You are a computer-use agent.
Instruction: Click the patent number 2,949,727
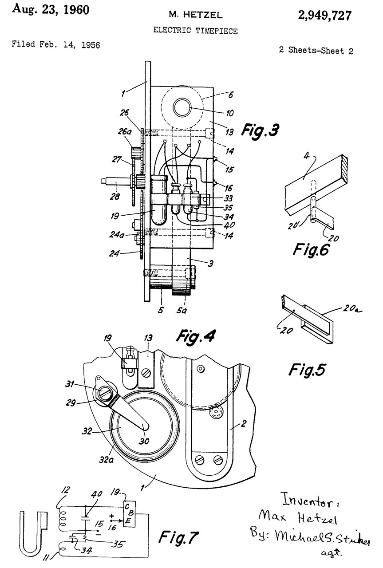pos(325,16)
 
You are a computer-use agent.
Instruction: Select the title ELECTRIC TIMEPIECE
pos(195,31)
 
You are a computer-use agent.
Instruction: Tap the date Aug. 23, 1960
pos(51,10)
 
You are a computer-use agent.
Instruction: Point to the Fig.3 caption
pos(260,130)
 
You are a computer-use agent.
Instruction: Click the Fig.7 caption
pos(178,537)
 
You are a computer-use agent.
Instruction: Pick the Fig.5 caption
pos(307,369)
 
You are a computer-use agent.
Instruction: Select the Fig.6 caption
pos(311,249)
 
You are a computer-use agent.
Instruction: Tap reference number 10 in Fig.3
pos(230,113)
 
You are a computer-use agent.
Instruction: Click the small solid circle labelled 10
pos(182,107)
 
